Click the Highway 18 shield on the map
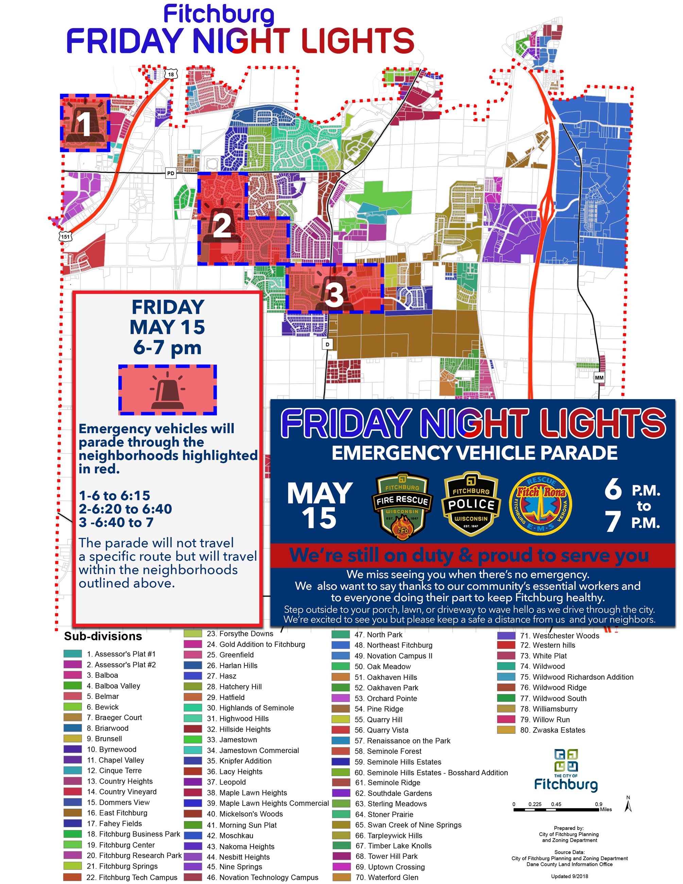point(171,74)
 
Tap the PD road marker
point(171,173)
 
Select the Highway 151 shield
point(66,237)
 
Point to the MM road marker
point(599,378)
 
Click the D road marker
point(327,344)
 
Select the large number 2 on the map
point(222,226)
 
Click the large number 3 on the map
point(334,294)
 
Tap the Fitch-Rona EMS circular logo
point(540,504)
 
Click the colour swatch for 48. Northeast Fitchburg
point(340,645)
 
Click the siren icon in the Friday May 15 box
point(168,390)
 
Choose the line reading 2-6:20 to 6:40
point(125,509)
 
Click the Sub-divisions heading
point(103,636)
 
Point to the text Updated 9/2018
point(569,876)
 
